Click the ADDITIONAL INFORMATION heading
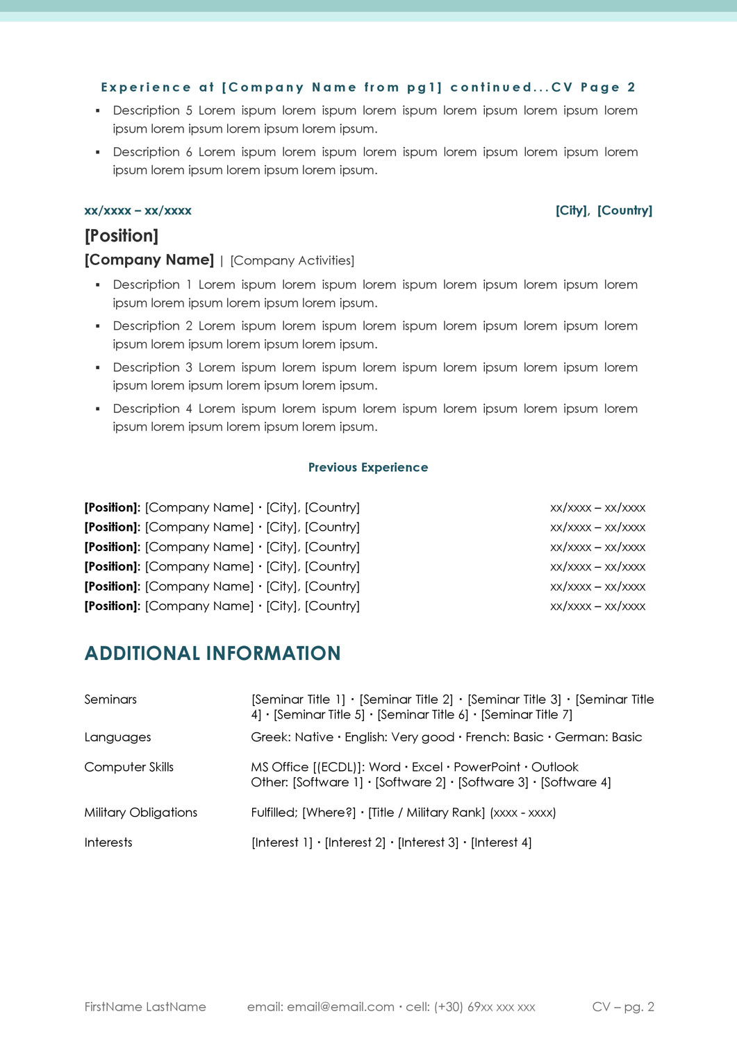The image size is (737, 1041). click(213, 654)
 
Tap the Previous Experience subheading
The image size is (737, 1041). click(368, 468)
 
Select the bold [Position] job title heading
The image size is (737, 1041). click(122, 236)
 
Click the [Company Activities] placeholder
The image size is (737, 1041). click(292, 261)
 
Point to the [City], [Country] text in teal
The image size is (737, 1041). click(604, 211)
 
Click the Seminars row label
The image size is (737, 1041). click(110, 700)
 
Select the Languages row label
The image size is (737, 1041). click(117, 737)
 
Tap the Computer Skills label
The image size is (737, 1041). click(129, 767)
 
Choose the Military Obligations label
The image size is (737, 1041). click(140, 813)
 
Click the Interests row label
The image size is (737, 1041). click(108, 843)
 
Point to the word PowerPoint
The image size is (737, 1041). click(487, 767)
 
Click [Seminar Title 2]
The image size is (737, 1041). click(406, 700)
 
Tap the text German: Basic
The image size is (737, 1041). click(598, 737)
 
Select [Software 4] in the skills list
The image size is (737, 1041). click(576, 783)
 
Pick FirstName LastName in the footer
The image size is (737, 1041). click(145, 1007)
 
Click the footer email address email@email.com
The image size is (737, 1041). click(340, 1007)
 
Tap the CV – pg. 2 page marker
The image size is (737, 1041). click(623, 1007)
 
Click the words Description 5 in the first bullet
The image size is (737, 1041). click(153, 111)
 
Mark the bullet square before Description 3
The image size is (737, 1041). click(98, 367)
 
